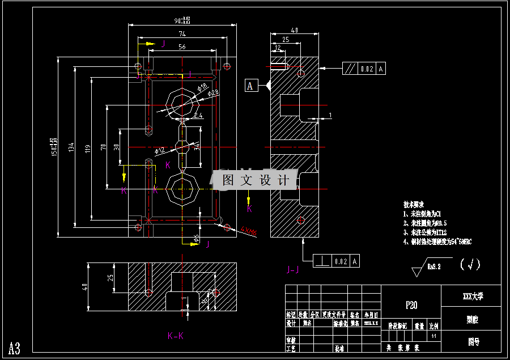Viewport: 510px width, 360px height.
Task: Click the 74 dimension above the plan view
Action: [x=182, y=34]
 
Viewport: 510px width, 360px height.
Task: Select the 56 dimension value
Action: [x=182, y=47]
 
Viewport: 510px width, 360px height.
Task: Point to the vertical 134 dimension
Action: [x=71, y=147]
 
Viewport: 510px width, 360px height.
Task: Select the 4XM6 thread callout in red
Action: [x=248, y=231]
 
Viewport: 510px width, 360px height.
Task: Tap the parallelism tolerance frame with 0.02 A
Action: [x=364, y=69]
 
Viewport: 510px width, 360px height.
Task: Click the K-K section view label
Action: [x=176, y=336]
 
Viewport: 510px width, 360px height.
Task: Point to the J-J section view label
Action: [x=294, y=270]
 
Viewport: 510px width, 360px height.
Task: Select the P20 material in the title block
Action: [x=411, y=305]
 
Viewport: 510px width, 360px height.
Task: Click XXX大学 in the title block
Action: [x=473, y=296]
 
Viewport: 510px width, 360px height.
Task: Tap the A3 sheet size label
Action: [x=15, y=348]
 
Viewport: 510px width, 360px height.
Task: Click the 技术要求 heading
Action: [x=414, y=204]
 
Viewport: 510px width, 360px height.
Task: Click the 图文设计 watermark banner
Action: [x=255, y=180]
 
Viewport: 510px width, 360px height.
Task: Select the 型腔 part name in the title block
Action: [x=471, y=320]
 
